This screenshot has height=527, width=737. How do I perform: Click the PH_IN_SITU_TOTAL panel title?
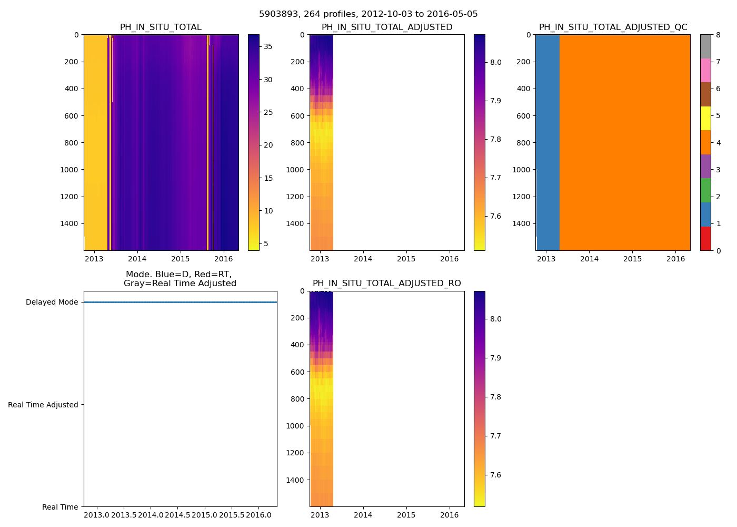tap(161, 27)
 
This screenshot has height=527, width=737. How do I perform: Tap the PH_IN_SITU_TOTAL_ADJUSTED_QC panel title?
tap(613, 27)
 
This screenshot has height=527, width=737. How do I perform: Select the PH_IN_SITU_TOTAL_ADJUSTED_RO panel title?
tap(386, 284)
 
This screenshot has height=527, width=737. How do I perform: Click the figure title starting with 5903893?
tap(368, 14)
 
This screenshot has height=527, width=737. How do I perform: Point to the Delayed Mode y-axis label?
tap(52, 302)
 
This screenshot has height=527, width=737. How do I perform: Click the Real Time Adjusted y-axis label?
tap(43, 405)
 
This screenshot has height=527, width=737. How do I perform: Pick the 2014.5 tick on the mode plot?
tap(177, 515)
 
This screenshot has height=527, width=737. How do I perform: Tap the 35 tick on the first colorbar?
tap(268, 46)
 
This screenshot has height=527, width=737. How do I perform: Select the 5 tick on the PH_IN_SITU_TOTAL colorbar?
tap(266, 243)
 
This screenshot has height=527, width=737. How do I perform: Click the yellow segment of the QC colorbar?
tap(705, 118)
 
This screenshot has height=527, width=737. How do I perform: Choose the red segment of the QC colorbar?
tap(705, 238)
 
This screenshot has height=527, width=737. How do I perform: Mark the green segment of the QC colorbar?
tap(705, 190)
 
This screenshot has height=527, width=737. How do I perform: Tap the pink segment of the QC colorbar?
tap(705, 70)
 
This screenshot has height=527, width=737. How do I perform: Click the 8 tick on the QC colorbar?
tap(718, 35)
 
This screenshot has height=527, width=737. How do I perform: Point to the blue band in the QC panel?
tap(547, 142)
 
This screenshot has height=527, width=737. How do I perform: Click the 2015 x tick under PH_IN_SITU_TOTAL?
tap(180, 259)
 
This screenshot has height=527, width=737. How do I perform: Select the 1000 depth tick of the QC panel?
tap(521, 170)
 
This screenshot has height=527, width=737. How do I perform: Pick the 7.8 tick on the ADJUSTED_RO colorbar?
tap(495, 397)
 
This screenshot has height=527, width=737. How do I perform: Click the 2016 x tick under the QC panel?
tap(675, 259)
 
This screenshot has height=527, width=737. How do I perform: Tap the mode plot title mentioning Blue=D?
tap(180, 279)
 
